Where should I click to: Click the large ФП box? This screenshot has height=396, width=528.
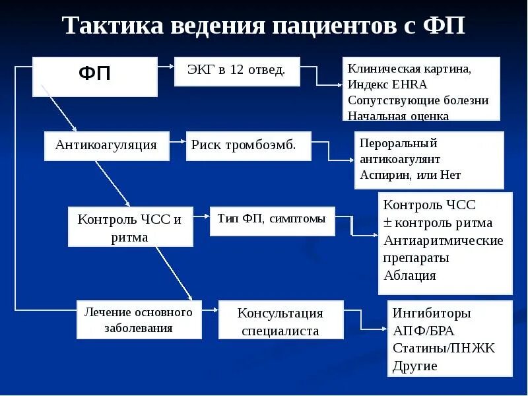coord(95,76)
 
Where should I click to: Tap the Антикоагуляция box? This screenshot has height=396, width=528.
coord(106,145)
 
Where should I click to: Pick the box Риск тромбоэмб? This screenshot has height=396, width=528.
coord(249,145)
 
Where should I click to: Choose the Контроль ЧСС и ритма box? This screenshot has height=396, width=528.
coord(130,227)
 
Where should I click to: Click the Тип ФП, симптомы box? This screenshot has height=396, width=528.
coord(272,220)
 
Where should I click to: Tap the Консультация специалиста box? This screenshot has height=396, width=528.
coord(280,321)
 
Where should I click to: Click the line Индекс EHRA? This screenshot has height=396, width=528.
coord(388,84)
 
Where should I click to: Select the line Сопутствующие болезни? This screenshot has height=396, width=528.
coord(418,100)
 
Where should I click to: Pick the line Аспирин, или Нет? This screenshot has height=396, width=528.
coord(411,176)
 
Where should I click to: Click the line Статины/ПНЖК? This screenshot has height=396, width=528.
coord(444,348)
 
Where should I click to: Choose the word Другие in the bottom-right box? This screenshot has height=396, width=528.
coord(415,366)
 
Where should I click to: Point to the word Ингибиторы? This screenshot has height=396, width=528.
coord(432,313)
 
